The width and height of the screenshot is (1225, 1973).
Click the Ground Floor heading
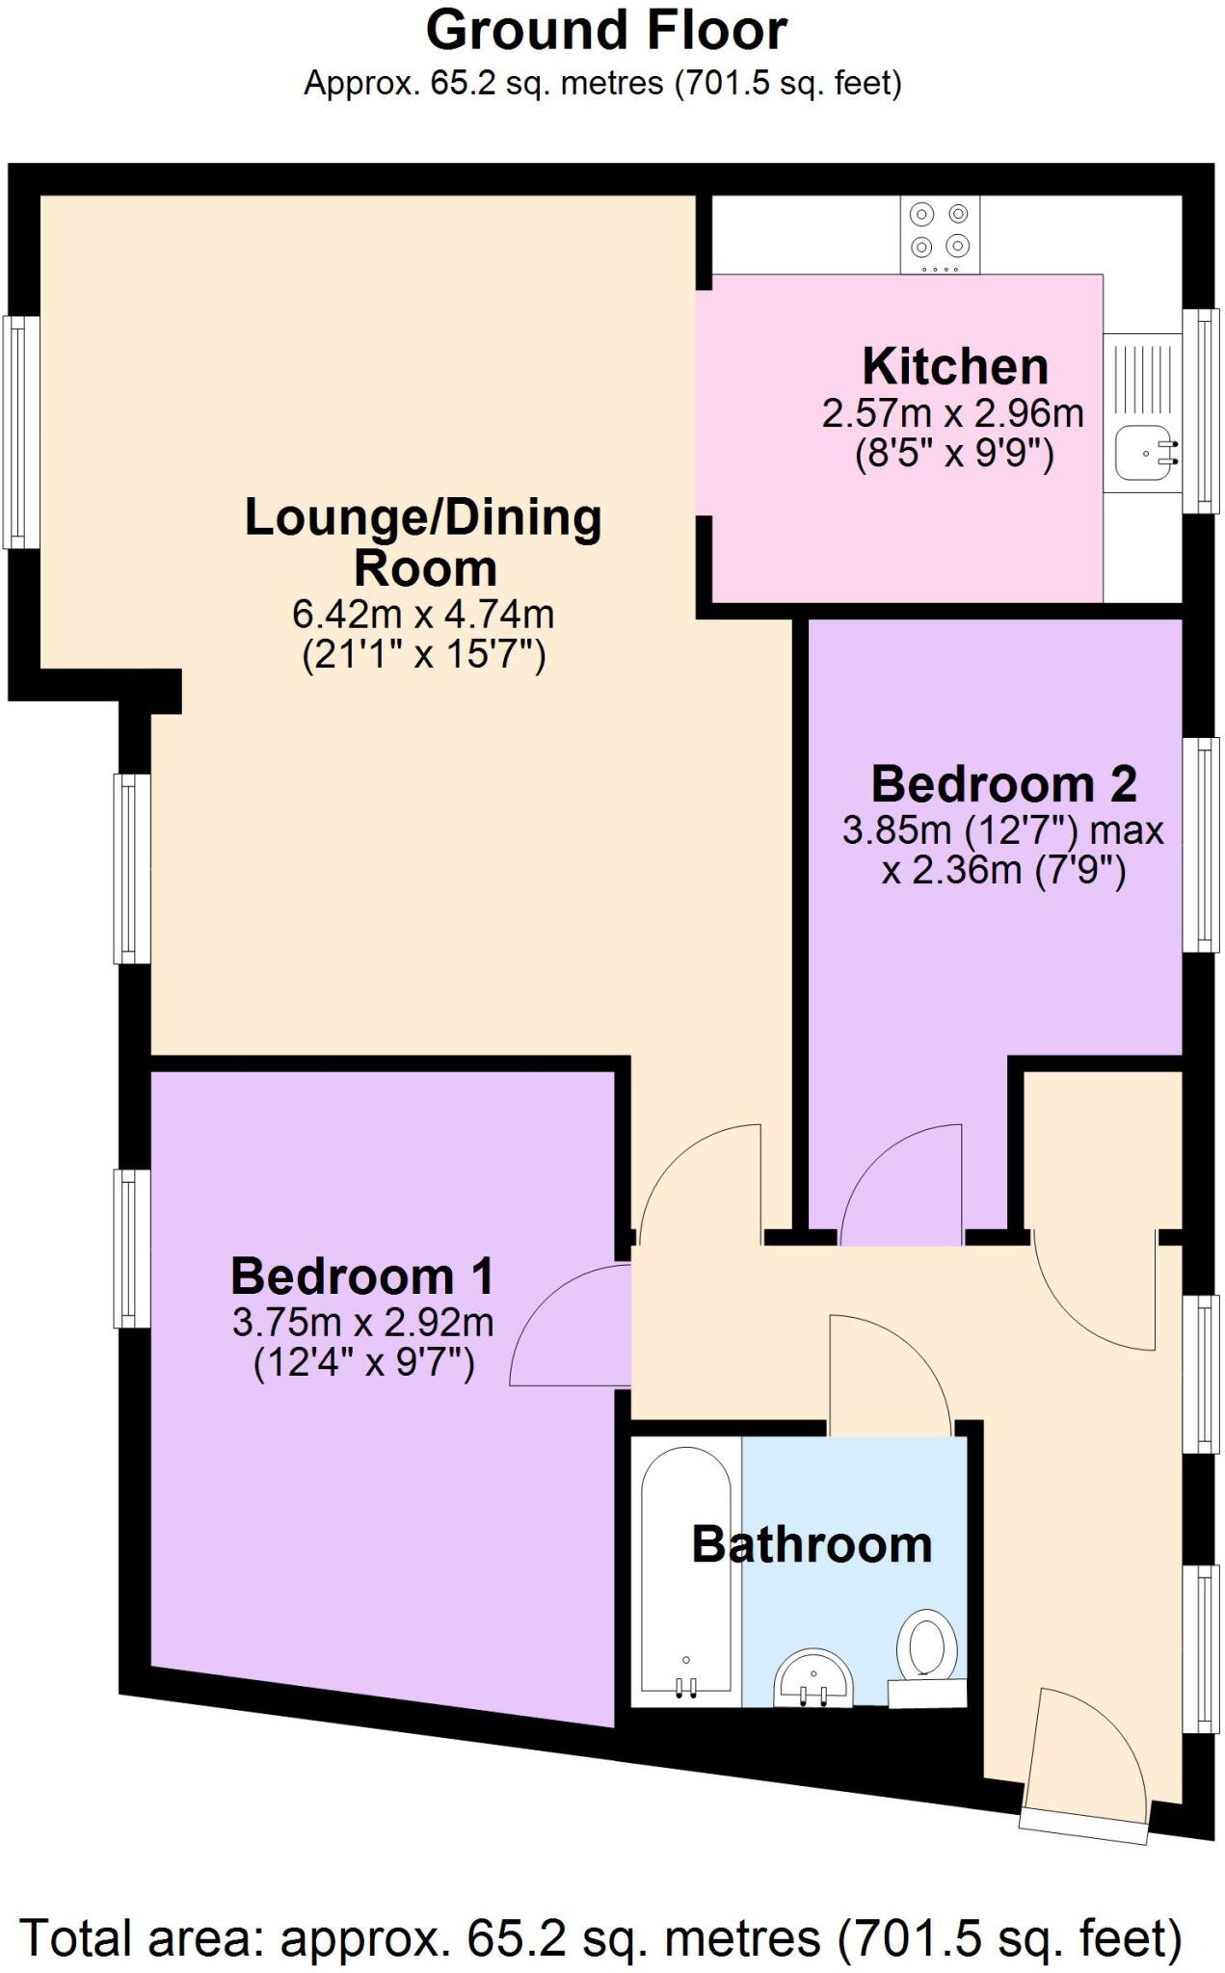coord(606,31)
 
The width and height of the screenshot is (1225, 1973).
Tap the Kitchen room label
coord(954,367)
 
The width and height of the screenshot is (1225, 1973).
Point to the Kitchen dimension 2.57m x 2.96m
coord(952,414)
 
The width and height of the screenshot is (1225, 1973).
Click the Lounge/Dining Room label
coord(424,541)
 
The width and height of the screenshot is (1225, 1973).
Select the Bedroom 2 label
coord(1003,784)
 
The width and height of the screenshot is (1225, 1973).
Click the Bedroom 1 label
coord(362,1276)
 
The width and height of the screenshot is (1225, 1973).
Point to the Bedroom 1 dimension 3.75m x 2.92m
coord(362,1323)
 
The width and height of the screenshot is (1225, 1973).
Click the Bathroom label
coord(812,1544)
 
